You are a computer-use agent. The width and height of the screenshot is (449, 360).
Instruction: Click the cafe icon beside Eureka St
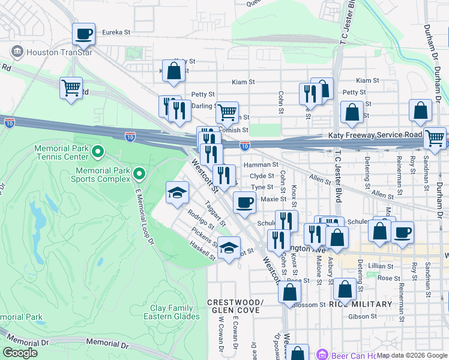click(x=84, y=34)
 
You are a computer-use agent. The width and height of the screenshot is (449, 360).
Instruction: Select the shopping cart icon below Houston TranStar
click(x=71, y=88)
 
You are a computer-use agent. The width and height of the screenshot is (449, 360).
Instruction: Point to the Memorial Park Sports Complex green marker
click(x=139, y=174)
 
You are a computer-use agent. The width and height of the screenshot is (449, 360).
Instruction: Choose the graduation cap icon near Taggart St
click(x=177, y=193)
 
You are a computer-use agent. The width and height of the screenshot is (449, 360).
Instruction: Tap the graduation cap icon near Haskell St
click(x=229, y=248)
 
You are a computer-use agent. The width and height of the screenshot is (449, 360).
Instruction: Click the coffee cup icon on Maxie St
click(x=244, y=203)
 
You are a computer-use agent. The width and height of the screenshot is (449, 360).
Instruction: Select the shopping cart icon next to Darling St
click(x=227, y=112)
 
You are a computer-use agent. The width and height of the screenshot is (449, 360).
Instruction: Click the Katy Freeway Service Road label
click(x=375, y=136)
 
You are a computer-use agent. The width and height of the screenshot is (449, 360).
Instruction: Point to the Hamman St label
click(x=261, y=164)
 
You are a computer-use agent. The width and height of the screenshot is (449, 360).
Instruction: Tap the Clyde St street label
click(x=262, y=176)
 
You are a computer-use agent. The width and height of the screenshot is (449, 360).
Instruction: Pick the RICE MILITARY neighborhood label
click(x=360, y=304)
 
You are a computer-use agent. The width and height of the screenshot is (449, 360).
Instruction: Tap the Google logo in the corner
click(x=20, y=353)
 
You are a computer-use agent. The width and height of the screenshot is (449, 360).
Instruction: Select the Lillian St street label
click(x=381, y=266)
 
